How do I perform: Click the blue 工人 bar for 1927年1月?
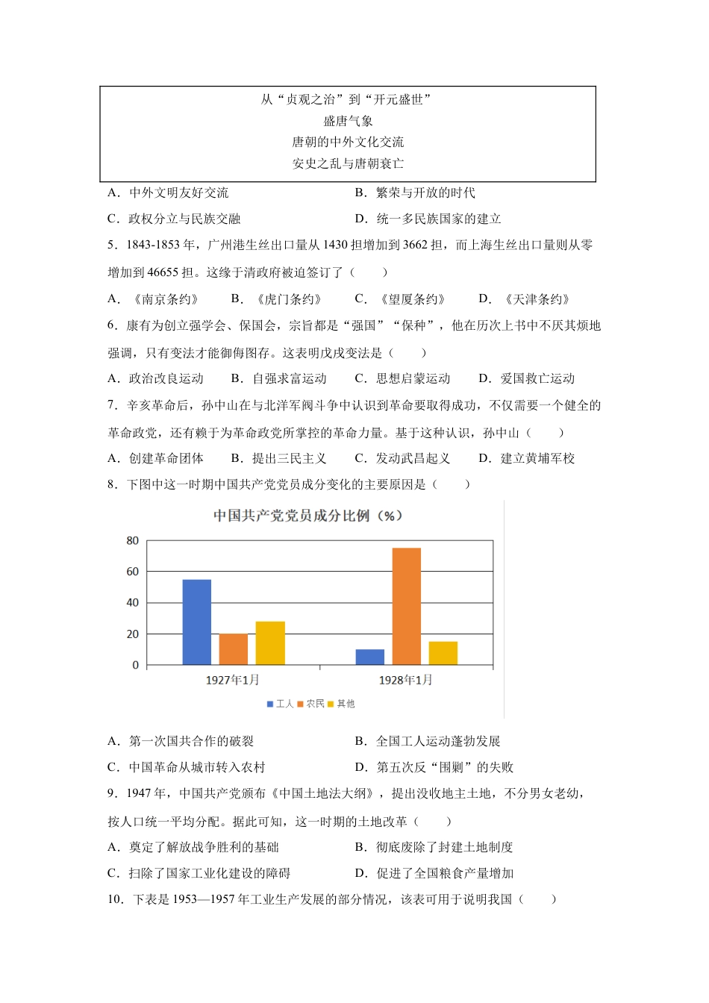196,622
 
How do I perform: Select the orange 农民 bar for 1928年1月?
407,606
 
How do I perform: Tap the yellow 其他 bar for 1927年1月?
270,643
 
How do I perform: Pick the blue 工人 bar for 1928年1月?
370,657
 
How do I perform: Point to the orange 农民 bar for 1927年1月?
234,649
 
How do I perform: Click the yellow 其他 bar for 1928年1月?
443,653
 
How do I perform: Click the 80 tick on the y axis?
133,540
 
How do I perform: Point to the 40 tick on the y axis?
133,602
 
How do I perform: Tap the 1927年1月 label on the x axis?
233,680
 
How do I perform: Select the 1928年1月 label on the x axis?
406,680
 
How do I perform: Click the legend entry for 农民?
311,704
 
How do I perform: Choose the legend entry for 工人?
281,704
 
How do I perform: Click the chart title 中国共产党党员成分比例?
307,516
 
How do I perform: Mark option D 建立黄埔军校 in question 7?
527,458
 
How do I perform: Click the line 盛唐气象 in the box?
348,121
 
